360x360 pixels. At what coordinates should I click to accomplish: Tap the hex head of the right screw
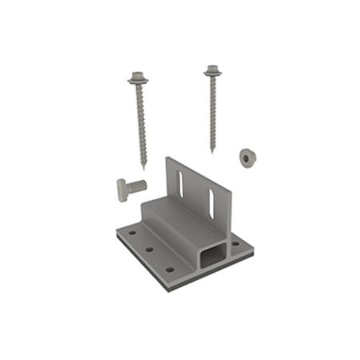(x=212, y=69)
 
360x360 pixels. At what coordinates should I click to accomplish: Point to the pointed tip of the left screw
(x=145, y=168)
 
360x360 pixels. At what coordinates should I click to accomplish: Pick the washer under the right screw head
(x=212, y=75)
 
